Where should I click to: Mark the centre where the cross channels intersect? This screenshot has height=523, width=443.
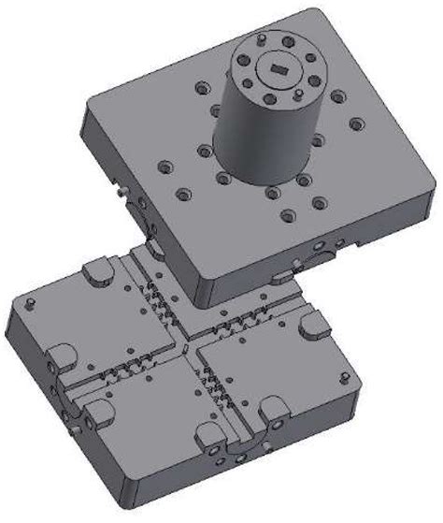point(188,347)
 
